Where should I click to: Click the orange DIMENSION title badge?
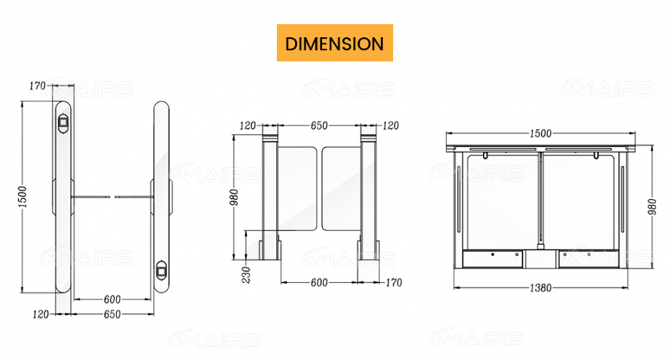(334, 43)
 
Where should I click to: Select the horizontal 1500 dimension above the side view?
(540, 133)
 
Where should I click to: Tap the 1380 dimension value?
(540, 289)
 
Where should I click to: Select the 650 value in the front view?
(319, 126)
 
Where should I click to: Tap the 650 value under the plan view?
(112, 315)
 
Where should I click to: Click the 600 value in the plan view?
(112, 299)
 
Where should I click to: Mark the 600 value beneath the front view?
(319, 282)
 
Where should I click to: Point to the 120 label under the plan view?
(42, 315)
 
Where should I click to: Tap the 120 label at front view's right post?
(391, 126)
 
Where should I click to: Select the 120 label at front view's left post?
(248, 126)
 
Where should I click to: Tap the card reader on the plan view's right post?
(162, 272)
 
